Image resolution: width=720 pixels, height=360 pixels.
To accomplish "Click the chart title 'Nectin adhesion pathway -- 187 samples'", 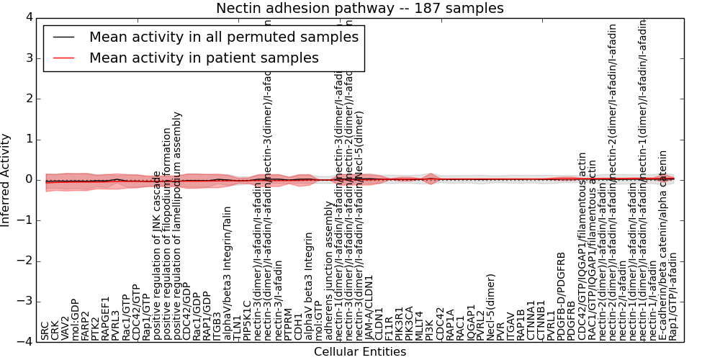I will pyautogui.click(x=359, y=8).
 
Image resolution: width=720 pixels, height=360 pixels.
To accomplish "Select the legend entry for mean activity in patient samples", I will pyautogui.click(x=204, y=58).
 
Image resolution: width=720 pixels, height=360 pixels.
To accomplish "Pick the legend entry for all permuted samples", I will pyautogui.click(x=223, y=37).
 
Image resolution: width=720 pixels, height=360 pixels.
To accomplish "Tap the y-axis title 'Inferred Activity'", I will pyautogui.click(x=6, y=179).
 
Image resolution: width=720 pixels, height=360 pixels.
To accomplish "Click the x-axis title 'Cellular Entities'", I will pyautogui.click(x=359, y=352).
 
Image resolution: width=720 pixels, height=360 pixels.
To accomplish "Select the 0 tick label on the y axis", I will pyautogui.click(x=28, y=179).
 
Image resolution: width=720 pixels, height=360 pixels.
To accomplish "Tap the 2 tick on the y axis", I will pyautogui.click(x=28, y=98).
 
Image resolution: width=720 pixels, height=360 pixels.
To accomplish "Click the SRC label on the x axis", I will pyautogui.click(x=45, y=330).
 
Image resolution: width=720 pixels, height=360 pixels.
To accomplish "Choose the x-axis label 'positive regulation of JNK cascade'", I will pyautogui.click(x=157, y=256).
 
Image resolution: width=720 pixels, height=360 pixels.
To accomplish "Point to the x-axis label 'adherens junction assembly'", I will pyautogui.click(x=330, y=282).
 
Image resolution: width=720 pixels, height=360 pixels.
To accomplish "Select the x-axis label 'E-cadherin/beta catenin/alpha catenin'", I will pyautogui.click(x=663, y=245).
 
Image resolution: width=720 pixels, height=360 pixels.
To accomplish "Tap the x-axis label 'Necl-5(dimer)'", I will pyautogui.click(x=491, y=307).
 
